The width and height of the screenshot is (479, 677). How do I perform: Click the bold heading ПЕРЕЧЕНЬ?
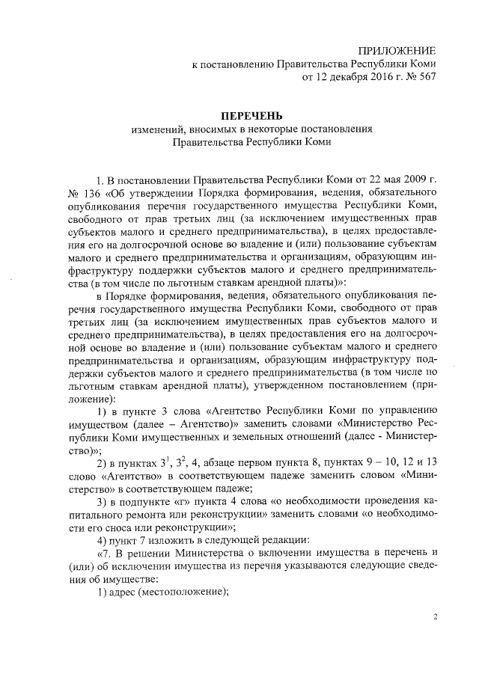click(251, 115)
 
